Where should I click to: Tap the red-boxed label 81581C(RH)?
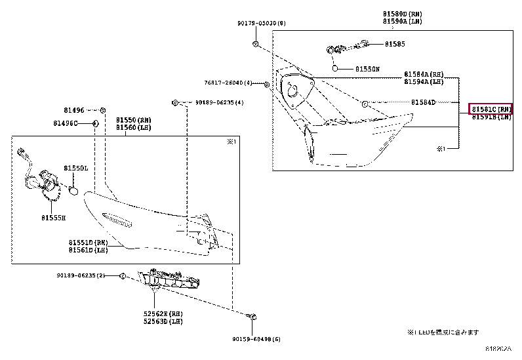(491, 109)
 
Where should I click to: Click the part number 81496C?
(66, 123)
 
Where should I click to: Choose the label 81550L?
(75, 169)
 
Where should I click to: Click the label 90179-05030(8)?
(262, 24)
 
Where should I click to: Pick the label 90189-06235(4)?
(219, 103)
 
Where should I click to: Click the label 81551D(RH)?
(88, 242)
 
